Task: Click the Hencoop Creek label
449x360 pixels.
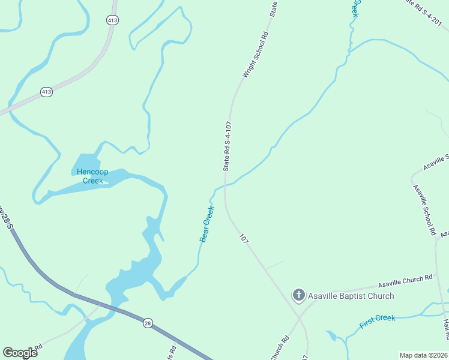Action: pyautogui.click(x=92, y=176)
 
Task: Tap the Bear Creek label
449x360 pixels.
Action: pyautogui.click(x=207, y=224)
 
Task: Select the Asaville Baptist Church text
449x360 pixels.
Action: pyautogui.click(x=351, y=296)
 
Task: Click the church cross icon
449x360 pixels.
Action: pyautogui.click(x=298, y=295)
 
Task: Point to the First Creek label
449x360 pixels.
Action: pyautogui.click(x=377, y=322)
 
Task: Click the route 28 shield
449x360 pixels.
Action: pyautogui.click(x=148, y=323)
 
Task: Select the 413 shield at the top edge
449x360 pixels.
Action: pyautogui.click(x=112, y=20)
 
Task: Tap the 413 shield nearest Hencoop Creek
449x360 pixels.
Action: pyautogui.click(x=46, y=92)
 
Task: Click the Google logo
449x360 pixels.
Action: pyautogui.click(x=20, y=352)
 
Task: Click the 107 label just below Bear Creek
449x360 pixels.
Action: pyautogui.click(x=243, y=238)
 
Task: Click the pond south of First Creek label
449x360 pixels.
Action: pyautogui.click(x=332, y=336)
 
